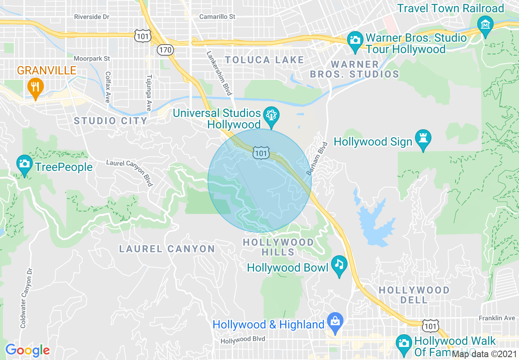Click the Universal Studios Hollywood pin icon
click(271, 115)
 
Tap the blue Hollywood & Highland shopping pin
click(335, 322)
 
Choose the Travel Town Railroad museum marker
click(485, 24)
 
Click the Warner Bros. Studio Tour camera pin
click(355, 40)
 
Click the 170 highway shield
click(166, 50)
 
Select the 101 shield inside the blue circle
click(261, 153)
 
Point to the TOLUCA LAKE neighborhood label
click(264, 60)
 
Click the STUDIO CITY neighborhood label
click(111, 121)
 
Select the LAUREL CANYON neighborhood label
click(167, 249)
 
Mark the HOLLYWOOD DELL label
click(414, 295)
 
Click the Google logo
click(27, 350)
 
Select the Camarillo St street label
click(217, 17)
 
